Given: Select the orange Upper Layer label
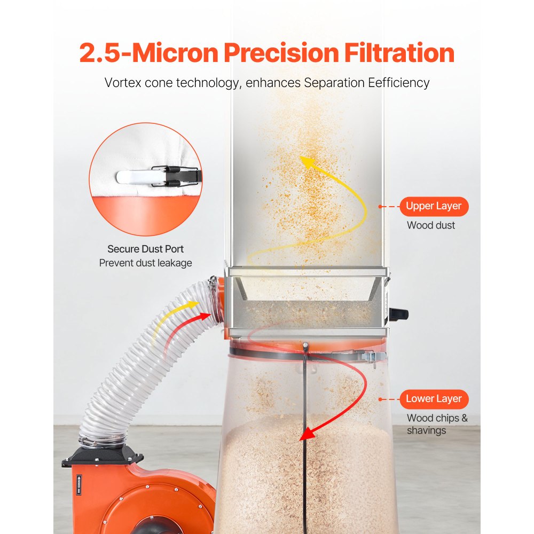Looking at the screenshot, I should tap(434, 206).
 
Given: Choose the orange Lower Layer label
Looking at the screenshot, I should tap(434, 399).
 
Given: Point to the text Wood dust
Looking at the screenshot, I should tap(430, 225).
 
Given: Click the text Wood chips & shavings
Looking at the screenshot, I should tap(437, 424).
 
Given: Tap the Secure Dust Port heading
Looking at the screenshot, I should tap(145, 249).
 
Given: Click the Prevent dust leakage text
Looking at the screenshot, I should tap(145, 263).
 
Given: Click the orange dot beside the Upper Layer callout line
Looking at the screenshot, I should tap(380, 206).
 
